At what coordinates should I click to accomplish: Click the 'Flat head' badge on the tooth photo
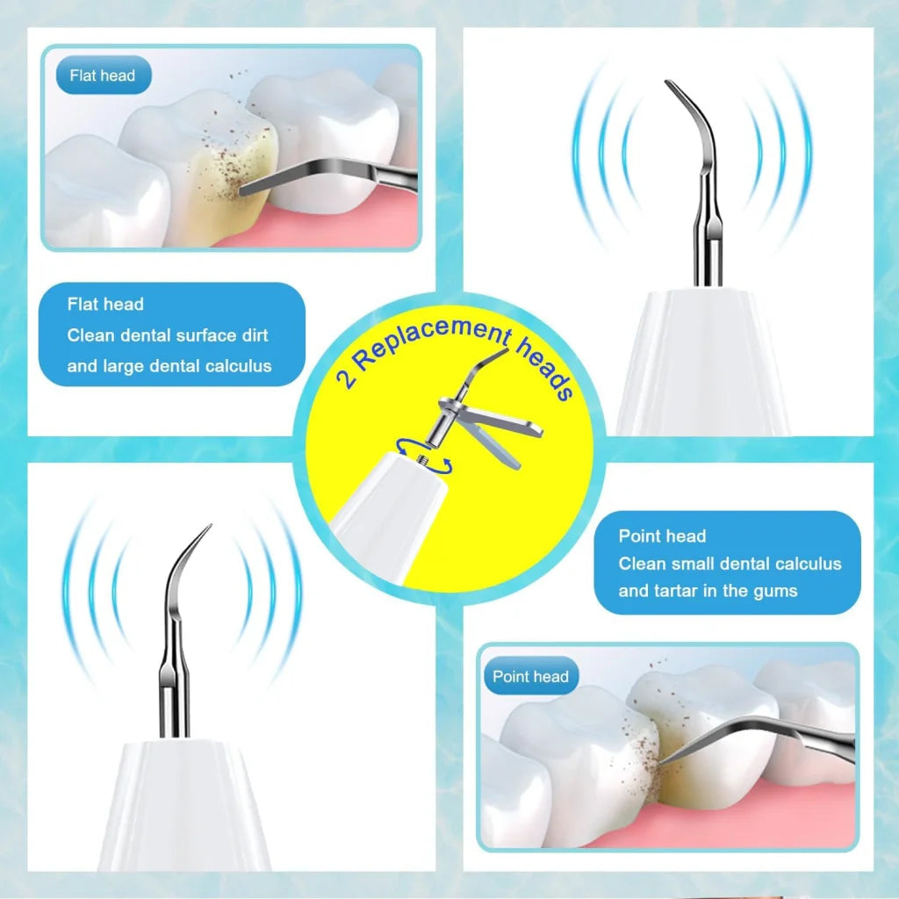click(103, 76)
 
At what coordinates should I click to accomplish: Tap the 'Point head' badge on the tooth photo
click(530, 677)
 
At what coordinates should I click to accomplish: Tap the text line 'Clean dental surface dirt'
click(167, 335)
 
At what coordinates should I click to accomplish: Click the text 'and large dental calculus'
click(169, 366)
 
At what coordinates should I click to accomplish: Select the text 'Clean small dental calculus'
click(730, 564)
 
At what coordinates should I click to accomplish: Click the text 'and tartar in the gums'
click(708, 591)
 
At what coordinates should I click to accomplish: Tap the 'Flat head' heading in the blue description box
click(105, 305)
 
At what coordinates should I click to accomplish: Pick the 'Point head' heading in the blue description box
click(662, 536)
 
